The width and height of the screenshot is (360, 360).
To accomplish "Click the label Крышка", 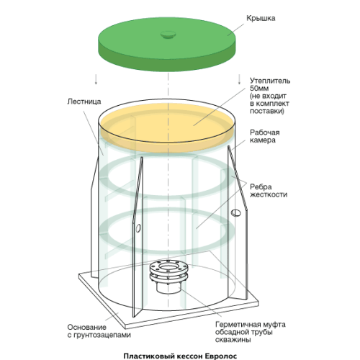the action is tap(261, 19).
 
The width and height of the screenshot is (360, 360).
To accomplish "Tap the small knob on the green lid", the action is tap(168, 35).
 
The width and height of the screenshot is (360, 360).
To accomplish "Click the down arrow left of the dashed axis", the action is tap(96, 79).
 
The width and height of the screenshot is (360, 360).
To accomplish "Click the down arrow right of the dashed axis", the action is tap(239, 79).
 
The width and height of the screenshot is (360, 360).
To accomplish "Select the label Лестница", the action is tap(84, 102).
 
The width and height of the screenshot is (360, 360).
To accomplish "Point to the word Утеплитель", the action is tap(270, 81).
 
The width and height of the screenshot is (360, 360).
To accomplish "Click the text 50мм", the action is tap(259, 88).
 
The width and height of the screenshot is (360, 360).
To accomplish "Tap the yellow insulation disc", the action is tap(168, 127).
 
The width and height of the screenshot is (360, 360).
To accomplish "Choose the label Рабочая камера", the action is tap(265, 136).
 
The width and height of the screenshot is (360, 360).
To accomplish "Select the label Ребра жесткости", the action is tap(269, 191).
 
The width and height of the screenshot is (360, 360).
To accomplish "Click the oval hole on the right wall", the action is tap(235, 212).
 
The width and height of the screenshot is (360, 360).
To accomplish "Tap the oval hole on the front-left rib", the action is tap(138, 228).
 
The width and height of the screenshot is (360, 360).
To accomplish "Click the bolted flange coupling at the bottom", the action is tap(168, 276).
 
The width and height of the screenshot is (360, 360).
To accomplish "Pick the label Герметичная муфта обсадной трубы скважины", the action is tap(251, 332).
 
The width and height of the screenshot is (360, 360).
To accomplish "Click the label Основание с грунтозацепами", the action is tap(99, 331).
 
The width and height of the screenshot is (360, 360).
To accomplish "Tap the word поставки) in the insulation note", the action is tap(267, 112).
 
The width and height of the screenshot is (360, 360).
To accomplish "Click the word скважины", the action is tap(233, 340).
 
